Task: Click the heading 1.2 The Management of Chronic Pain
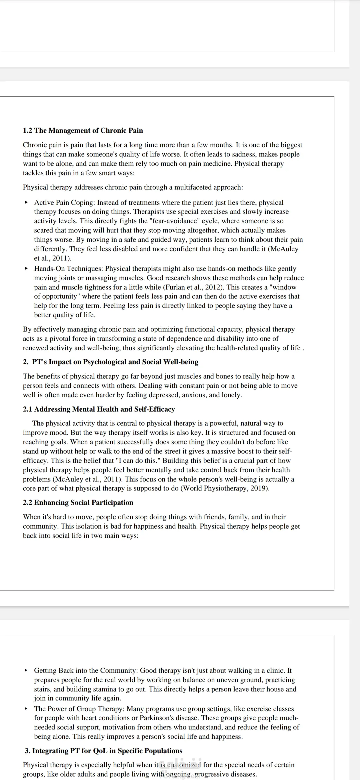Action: pyautogui.click(x=83, y=131)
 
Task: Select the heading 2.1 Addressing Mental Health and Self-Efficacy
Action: pyautogui.click(x=99, y=409)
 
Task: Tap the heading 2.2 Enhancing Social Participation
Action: pyautogui.click(x=78, y=503)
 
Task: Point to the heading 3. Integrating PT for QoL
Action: pyautogui.click(x=103, y=751)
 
